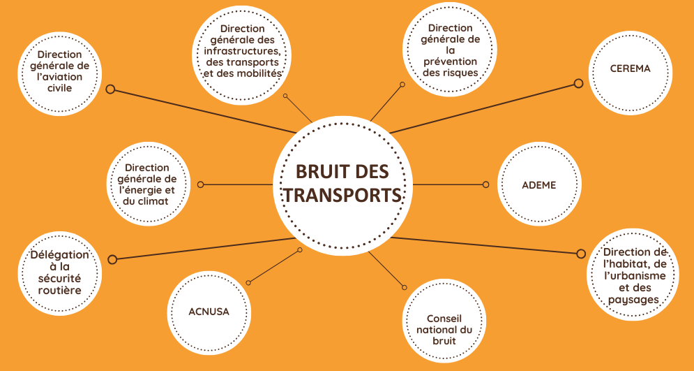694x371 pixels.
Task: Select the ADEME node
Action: click(539, 184)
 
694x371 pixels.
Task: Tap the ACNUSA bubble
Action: click(209, 312)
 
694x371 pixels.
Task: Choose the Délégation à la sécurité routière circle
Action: click(60, 273)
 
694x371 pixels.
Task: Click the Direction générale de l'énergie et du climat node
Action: click(149, 184)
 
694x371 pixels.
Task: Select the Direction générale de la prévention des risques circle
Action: click(450, 50)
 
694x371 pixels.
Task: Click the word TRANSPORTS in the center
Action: click(342, 195)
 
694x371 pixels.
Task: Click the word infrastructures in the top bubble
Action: click(241, 51)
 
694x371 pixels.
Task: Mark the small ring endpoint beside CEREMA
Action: click(578, 83)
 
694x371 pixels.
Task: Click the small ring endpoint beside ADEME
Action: click(485, 184)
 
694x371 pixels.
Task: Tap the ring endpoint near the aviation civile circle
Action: click(110, 89)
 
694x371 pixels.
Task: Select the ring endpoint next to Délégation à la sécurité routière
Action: click(112, 259)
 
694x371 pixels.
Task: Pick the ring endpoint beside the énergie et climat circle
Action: click(200, 184)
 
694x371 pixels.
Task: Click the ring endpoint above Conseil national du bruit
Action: click(404, 288)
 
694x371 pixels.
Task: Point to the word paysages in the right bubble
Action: click(633, 300)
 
